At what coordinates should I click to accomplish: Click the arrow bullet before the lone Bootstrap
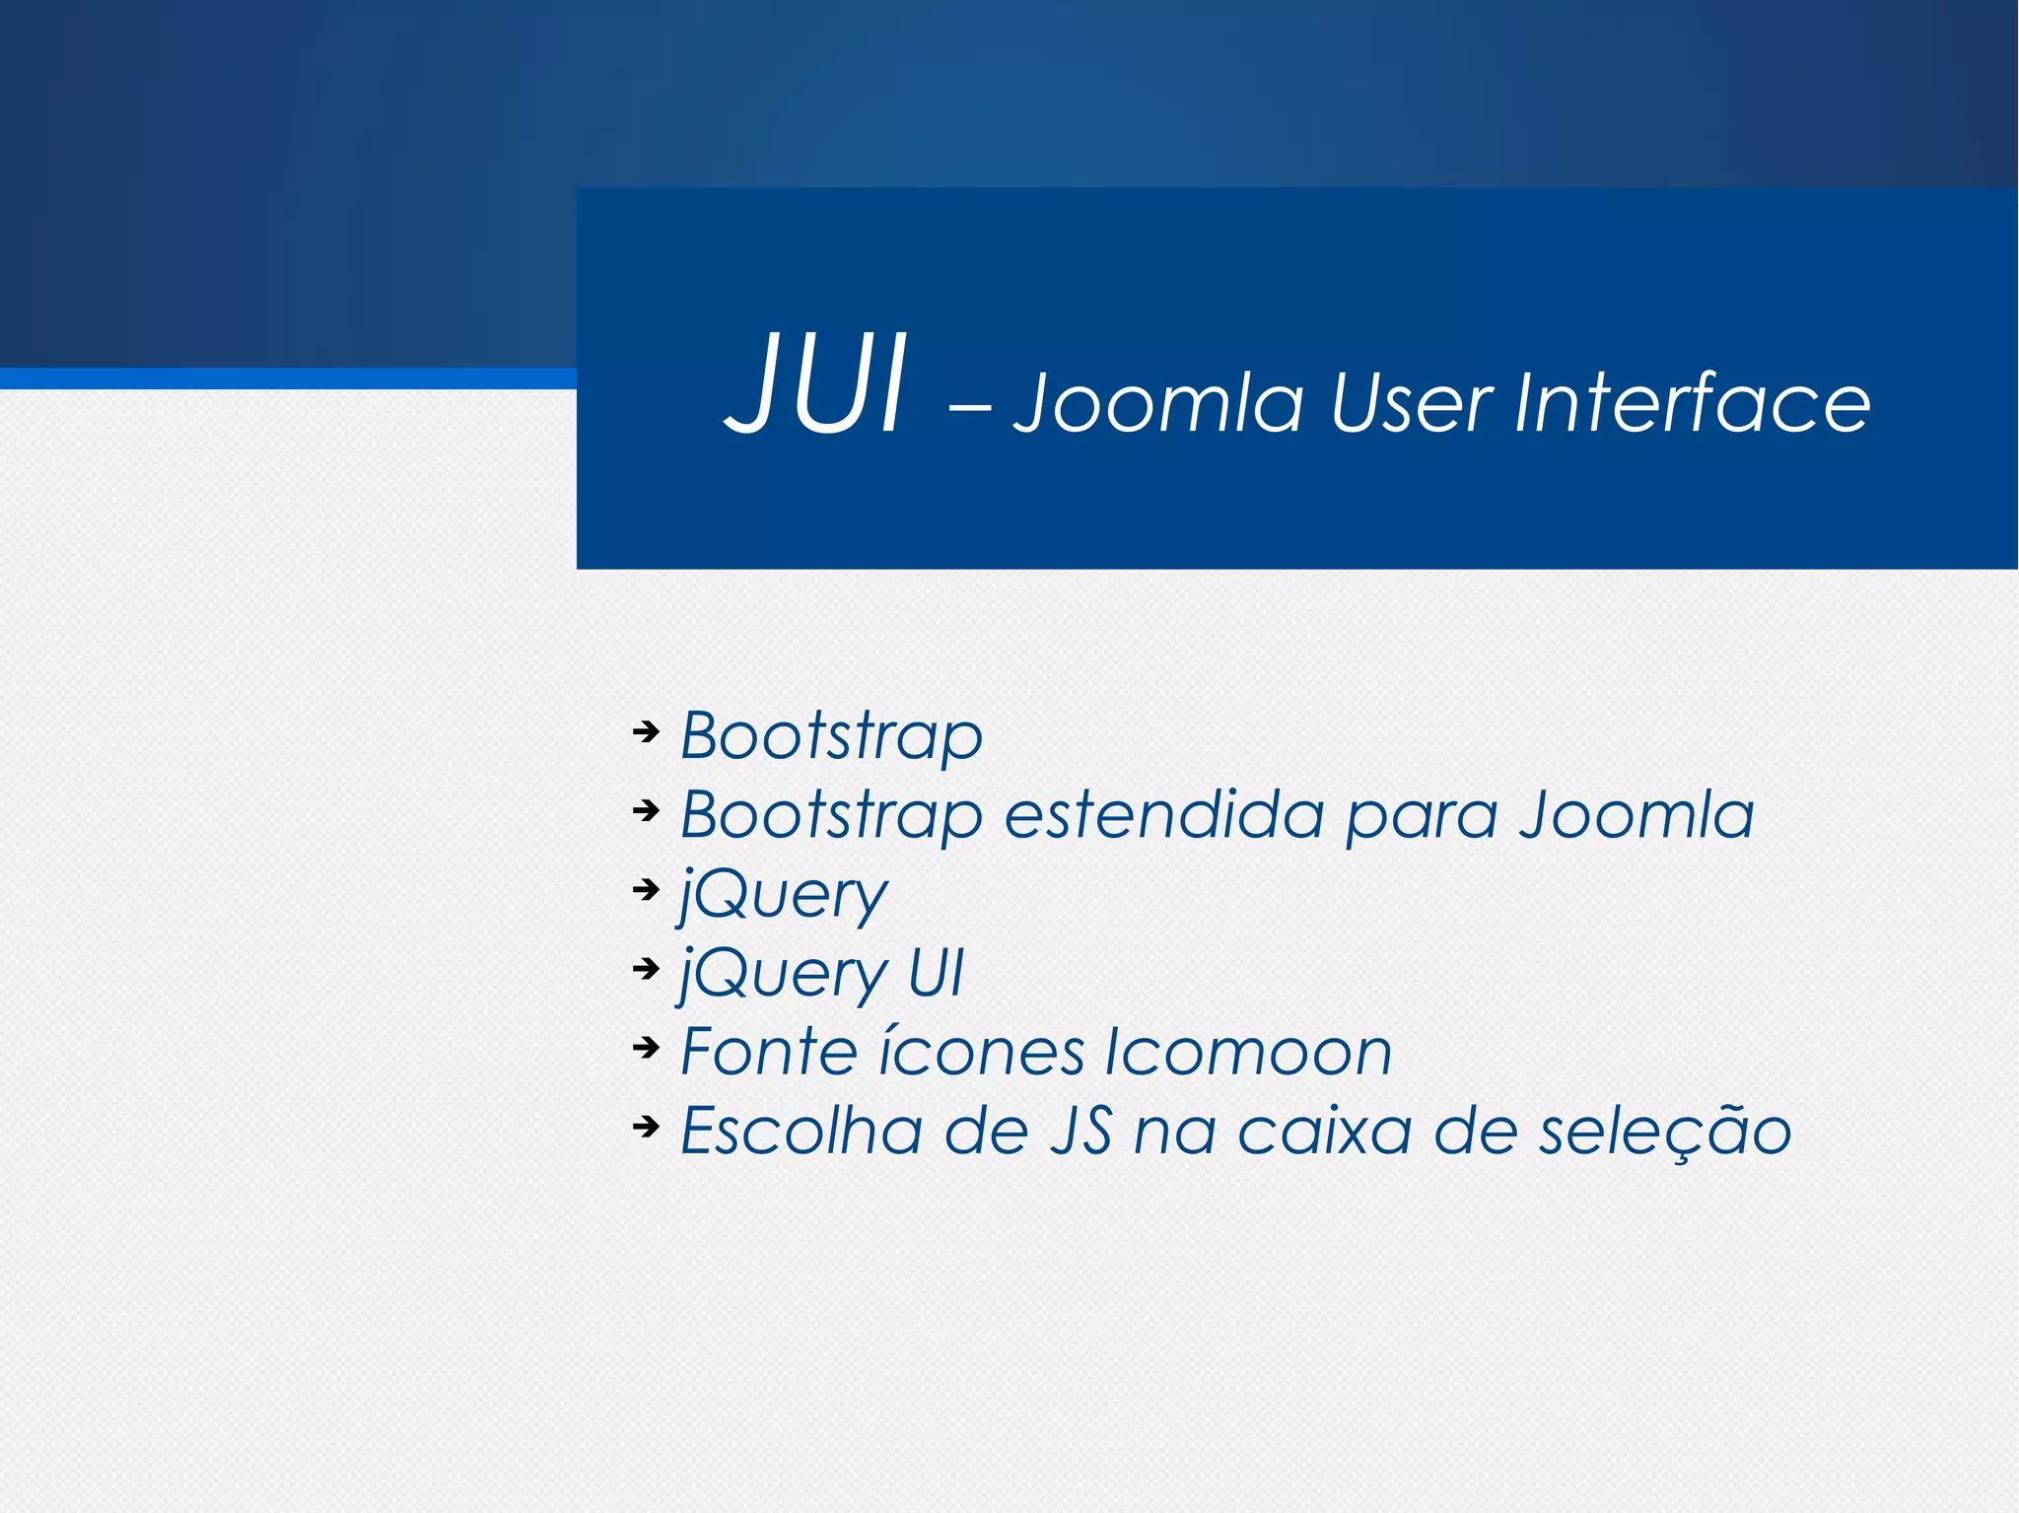(x=646, y=731)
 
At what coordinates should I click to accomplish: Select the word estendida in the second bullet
(x=1163, y=815)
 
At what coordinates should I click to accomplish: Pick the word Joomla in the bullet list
(x=1636, y=815)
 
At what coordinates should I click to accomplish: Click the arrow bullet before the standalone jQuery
(x=646, y=889)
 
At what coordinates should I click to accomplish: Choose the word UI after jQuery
(x=935, y=973)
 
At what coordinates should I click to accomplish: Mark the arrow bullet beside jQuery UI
(x=646, y=968)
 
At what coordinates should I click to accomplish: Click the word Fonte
(x=769, y=1052)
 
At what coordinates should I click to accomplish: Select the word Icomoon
(x=1247, y=1052)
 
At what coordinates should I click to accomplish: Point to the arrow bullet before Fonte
(x=646, y=1047)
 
